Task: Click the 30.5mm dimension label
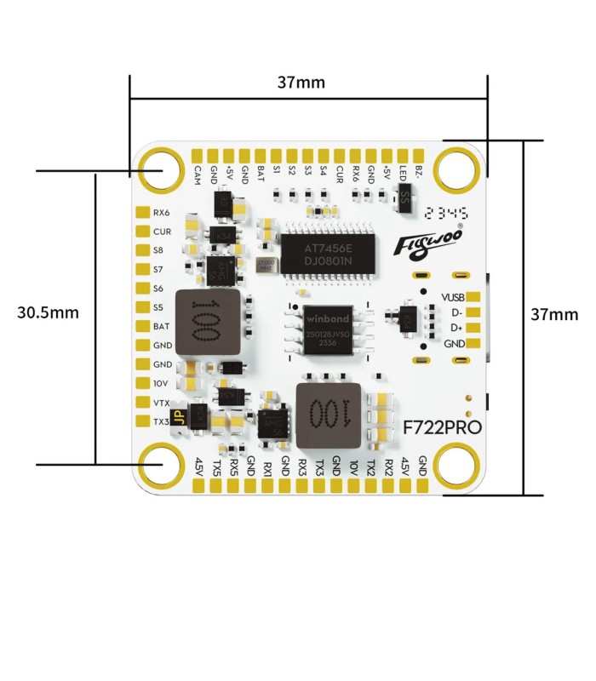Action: pos(48,312)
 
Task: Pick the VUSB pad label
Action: pos(453,298)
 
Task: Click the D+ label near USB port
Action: pos(456,328)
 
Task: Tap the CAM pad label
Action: pos(198,175)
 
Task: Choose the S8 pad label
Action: pos(158,250)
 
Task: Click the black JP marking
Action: pos(179,417)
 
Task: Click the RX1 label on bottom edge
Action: pos(267,467)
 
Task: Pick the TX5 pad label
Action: pos(216,467)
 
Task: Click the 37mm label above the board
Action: pos(301,83)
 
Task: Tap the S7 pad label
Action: pos(158,269)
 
